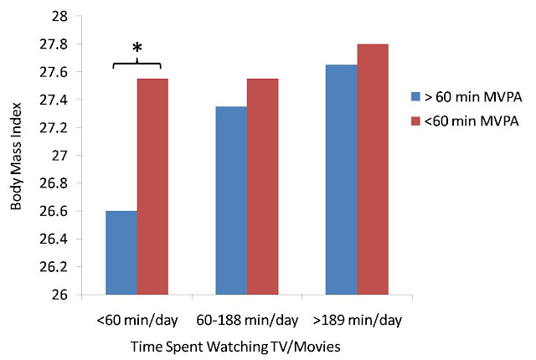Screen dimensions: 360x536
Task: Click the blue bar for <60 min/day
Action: click(x=121, y=253)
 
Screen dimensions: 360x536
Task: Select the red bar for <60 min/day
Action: click(x=152, y=187)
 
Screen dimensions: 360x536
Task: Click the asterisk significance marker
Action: click(x=137, y=47)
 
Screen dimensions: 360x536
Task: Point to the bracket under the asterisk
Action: click(x=137, y=63)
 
